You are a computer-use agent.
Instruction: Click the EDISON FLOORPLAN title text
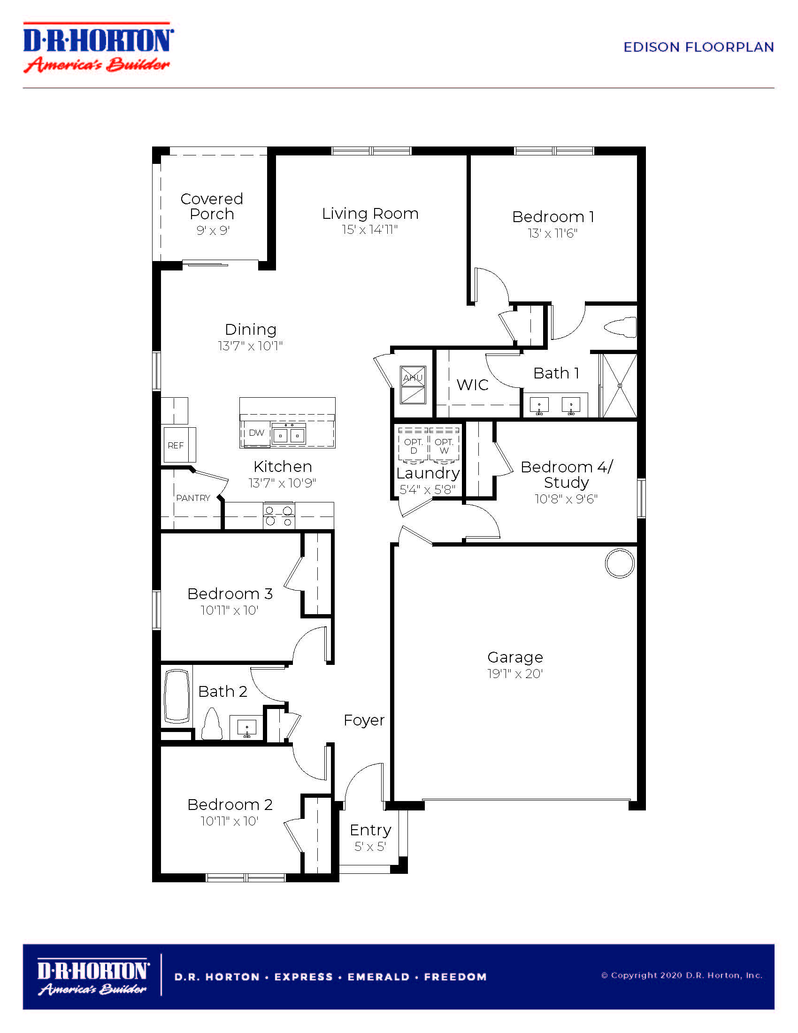(698, 47)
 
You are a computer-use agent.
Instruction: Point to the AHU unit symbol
(413, 385)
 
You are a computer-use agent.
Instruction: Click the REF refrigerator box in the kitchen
(180, 445)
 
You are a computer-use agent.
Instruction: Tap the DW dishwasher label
(256, 432)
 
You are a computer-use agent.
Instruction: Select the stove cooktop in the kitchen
(279, 516)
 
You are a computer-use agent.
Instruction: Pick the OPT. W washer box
(444, 444)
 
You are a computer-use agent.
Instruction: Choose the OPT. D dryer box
(413, 444)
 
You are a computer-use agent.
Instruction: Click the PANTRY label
(193, 498)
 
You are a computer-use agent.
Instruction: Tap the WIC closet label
(472, 385)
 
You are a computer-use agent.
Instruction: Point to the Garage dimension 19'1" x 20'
(515, 673)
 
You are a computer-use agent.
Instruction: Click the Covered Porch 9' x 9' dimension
(213, 231)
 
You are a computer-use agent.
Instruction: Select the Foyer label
(364, 720)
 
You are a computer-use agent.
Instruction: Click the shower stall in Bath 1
(619, 385)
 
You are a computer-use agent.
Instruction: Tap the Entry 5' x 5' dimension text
(370, 846)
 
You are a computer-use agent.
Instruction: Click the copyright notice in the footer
(682, 975)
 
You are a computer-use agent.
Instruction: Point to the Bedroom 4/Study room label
(567, 474)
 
